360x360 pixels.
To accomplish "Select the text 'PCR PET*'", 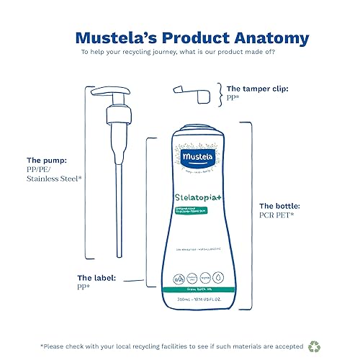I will (278, 215).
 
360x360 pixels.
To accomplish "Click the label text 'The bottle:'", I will (281, 205).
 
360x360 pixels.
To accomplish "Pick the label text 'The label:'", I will (96, 276).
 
